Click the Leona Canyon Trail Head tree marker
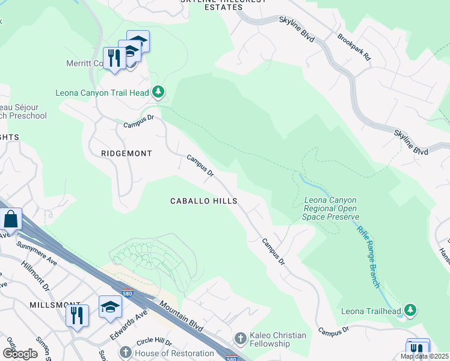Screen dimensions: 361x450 (x=158, y=92)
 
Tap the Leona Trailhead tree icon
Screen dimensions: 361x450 (x=410, y=310)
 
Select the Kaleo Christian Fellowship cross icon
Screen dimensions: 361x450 (x=241, y=338)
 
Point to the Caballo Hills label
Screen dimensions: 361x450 (x=203, y=201)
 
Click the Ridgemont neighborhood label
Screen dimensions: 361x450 (x=126, y=153)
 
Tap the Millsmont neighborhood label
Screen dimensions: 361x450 (x=55, y=306)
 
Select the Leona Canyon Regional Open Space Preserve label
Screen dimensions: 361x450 (x=331, y=208)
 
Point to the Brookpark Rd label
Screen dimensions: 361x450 (x=354, y=45)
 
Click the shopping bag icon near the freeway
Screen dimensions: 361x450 (x=11, y=220)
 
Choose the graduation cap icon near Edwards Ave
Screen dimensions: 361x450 (x=110, y=307)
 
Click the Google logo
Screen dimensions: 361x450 (x=20, y=354)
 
